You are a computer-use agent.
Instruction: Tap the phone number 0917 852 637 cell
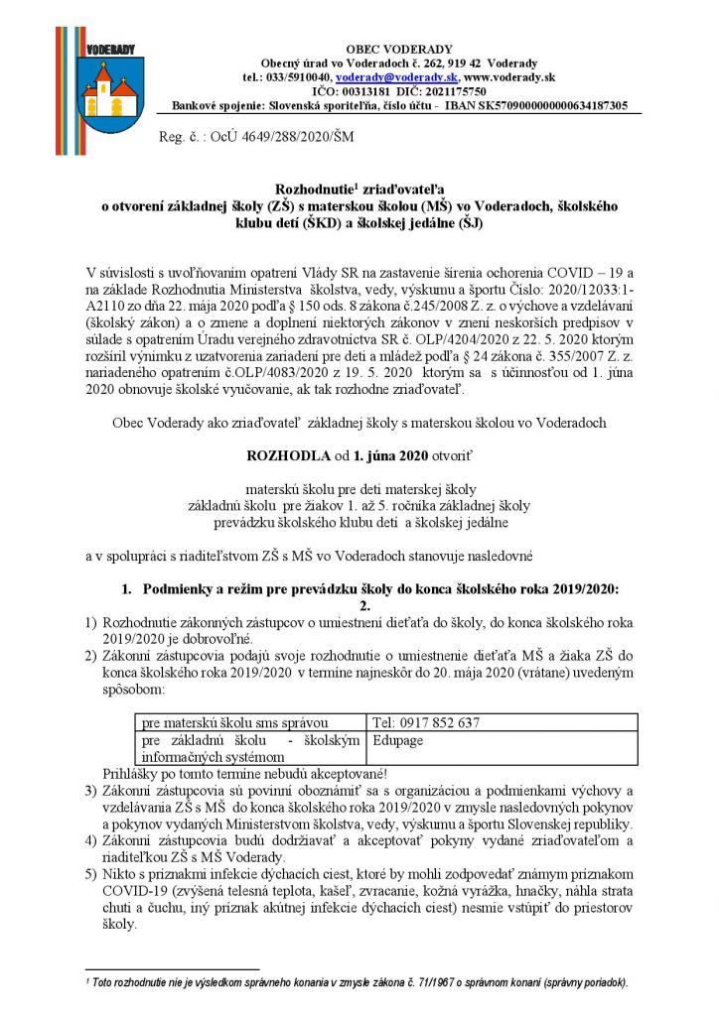pos(427,722)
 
